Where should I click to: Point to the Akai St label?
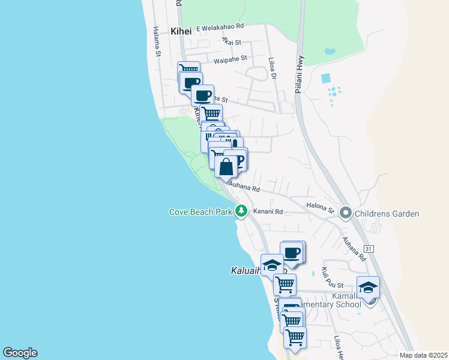pyautogui.click(x=231, y=42)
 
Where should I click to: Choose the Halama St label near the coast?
pyautogui.click(x=157, y=42)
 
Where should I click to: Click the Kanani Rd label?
pyautogui.click(x=268, y=211)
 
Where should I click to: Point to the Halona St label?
pyautogui.click(x=320, y=208)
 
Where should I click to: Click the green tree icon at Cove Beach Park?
pyautogui.click(x=241, y=211)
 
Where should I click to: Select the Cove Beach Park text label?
pyautogui.click(x=200, y=212)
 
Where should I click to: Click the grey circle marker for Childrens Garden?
pyautogui.click(x=346, y=213)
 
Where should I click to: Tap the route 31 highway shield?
pyautogui.click(x=369, y=248)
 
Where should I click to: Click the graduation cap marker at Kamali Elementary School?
pyautogui.click(x=368, y=287)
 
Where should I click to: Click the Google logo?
pyautogui.click(x=20, y=353)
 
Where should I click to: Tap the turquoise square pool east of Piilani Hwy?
pyautogui.click(x=326, y=78)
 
